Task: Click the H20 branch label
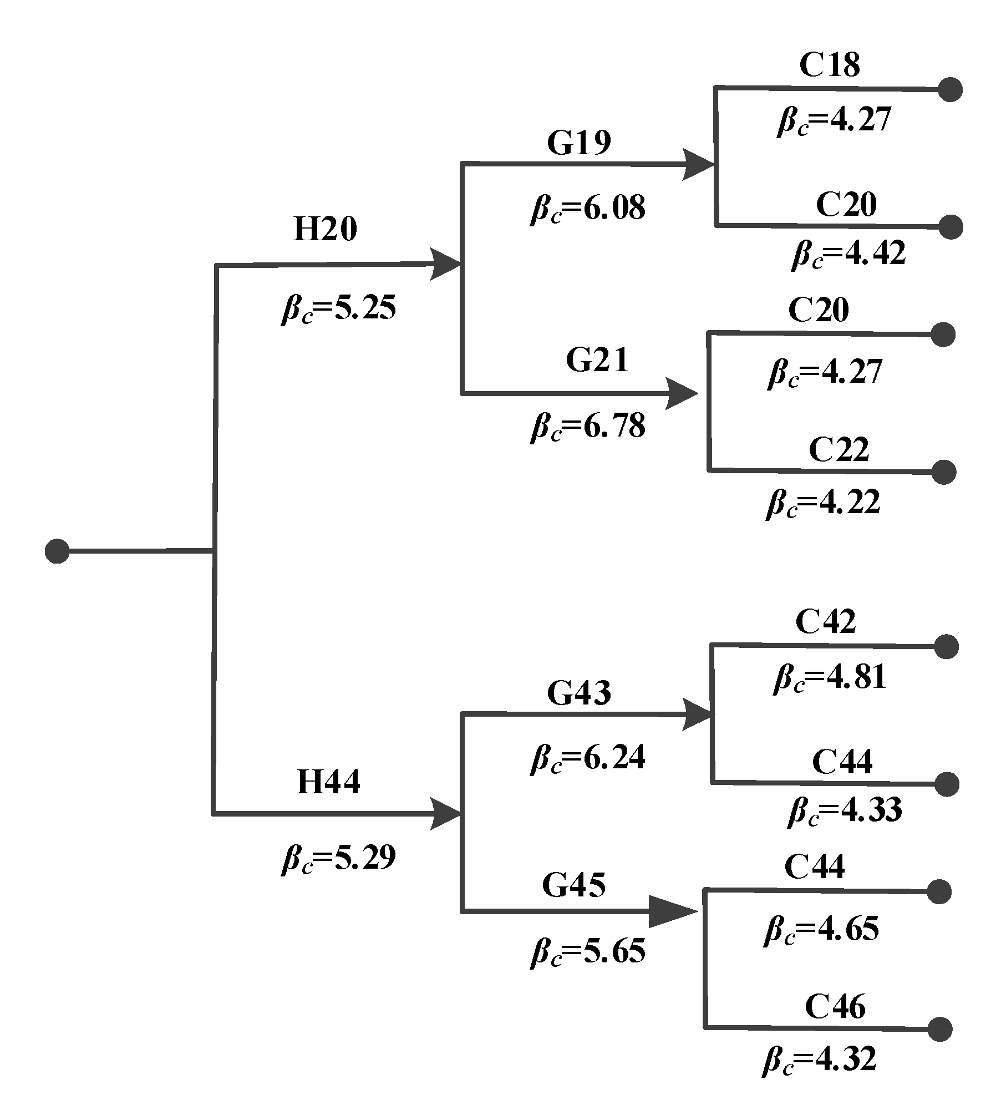(x=325, y=229)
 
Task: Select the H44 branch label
(x=328, y=782)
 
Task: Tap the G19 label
(x=579, y=142)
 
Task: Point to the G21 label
(x=597, y=360)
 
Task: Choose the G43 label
(x=579, y=693)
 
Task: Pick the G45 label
(x=574, y=885)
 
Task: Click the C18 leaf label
(x=830, y=65)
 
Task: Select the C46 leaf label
(x=835, y=1006)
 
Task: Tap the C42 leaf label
(x=825, y=621)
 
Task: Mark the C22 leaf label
(x=839, y=449)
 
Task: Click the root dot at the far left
(x=57, y=551)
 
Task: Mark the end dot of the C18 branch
(x=951, y=89)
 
